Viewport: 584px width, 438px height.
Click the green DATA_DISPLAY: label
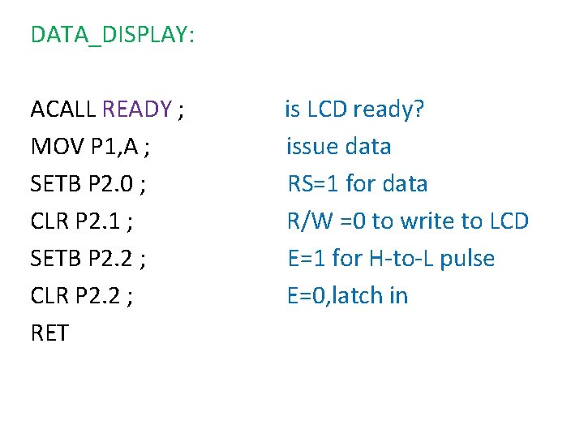112,35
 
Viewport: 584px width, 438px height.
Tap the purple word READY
137,109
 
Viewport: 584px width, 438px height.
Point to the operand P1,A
116,147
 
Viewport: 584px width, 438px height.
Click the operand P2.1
97,221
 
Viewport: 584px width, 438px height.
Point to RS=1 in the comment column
314,184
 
